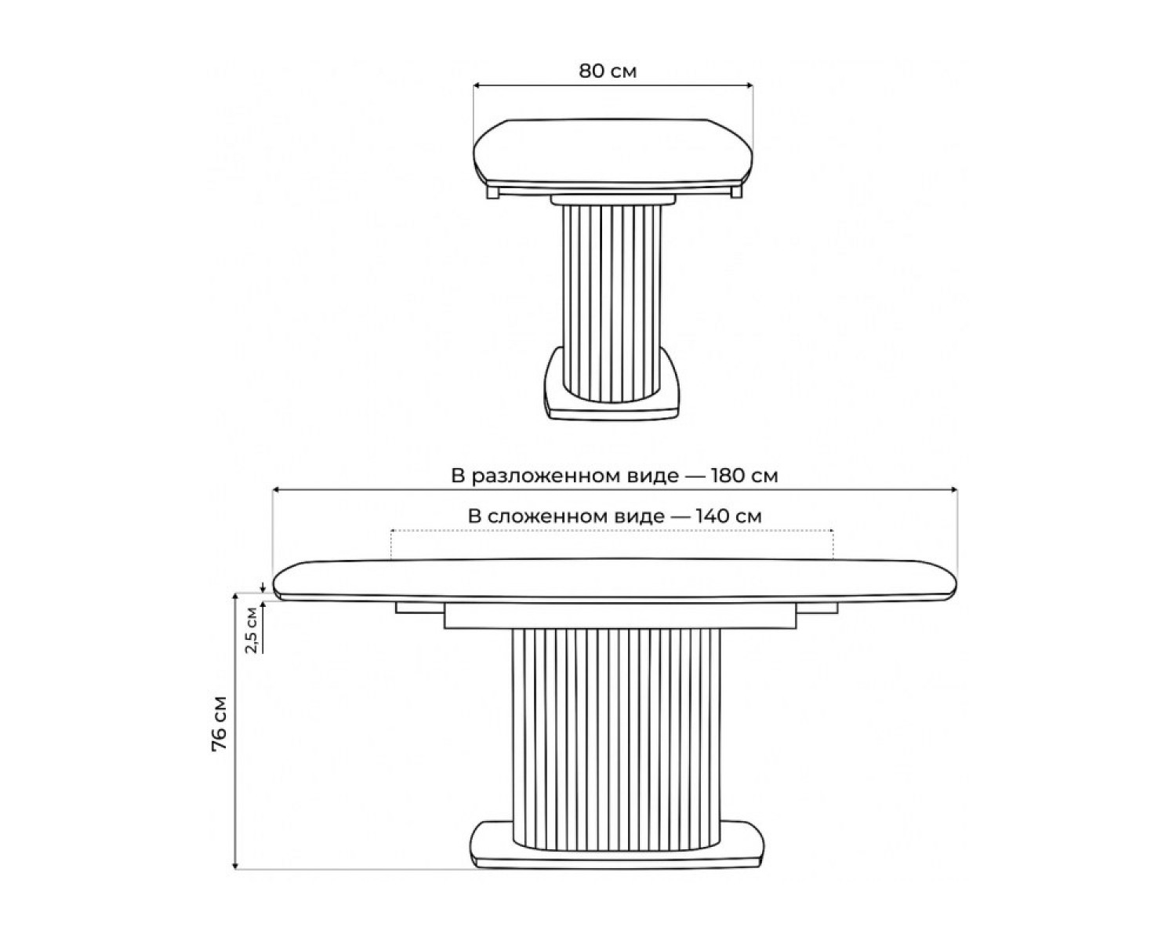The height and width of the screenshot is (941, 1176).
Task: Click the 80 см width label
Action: [x=608, y=71]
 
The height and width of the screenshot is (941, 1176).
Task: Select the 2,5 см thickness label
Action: [x=252, y=630]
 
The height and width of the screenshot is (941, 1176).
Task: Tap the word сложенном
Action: [x=576, y=517]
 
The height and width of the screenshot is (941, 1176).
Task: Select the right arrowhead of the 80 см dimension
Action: [x=750, y=85]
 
